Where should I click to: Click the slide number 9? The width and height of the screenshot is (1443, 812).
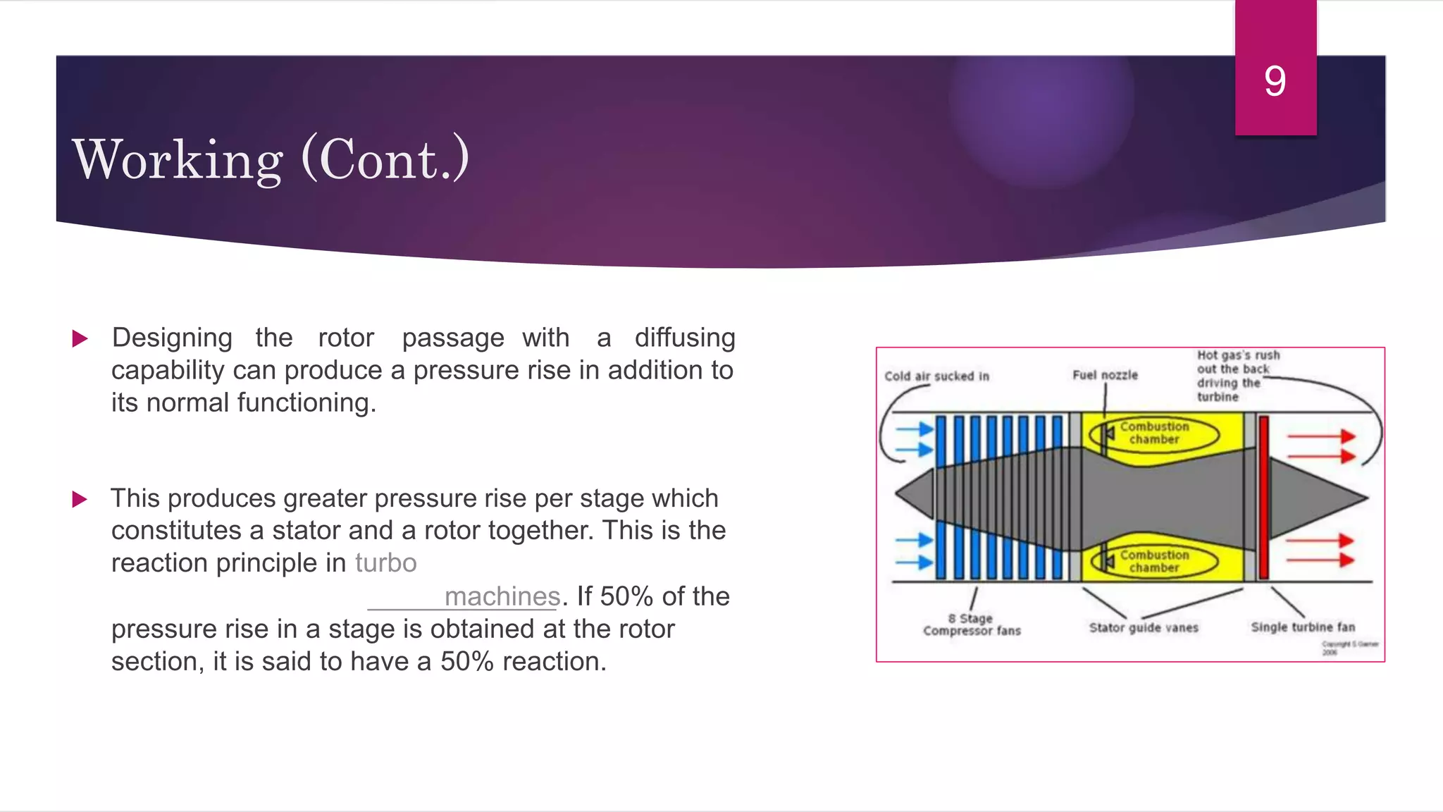tap(1275, 81)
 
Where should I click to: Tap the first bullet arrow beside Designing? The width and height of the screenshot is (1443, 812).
tap(80, 339)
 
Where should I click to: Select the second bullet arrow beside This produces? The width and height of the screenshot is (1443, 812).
tap(80, 500)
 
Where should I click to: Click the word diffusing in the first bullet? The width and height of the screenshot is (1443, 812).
tap(684, 338)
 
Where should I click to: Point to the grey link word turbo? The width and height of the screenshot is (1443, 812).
tap(385, 563)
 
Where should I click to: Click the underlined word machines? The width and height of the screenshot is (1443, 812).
tap(502, 596)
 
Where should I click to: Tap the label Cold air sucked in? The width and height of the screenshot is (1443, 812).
tap(936, 376)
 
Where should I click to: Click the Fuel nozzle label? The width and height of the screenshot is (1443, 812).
tap(1105, 375)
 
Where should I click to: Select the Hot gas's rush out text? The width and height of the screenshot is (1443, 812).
tap(1238, 375)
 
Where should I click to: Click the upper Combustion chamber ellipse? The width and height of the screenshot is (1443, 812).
tap(1154, 433)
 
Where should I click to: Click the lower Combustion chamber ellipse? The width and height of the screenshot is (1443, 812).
tap(1154, 561)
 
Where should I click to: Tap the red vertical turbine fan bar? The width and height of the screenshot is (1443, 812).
tap(1263, 497)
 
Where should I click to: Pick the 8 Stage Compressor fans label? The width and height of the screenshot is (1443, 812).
tap(972, 625)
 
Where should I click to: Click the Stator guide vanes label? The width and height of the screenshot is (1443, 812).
tap(1143, 627)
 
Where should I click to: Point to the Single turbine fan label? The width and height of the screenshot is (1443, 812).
tap(1302, 627)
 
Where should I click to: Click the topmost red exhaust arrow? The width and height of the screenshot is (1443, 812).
tap(1320, 436)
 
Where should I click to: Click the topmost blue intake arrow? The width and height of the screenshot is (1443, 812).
tap(914, 429)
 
